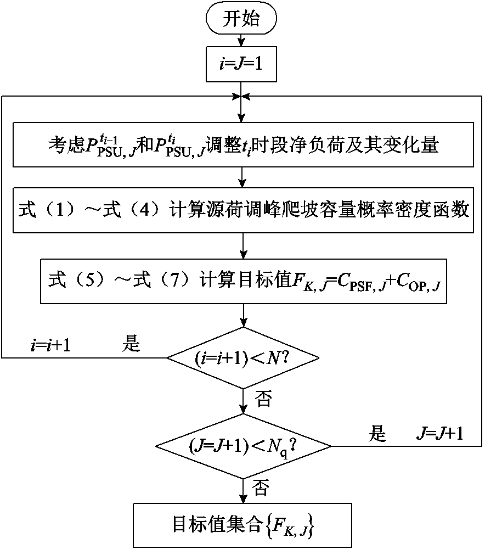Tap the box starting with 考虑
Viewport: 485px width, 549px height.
[x=241, y=145]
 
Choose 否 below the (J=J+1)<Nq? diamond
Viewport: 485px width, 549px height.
[x=263, y=486]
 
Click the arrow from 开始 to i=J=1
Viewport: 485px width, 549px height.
[x=241, y=41]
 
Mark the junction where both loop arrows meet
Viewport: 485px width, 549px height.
[x=241, y=97]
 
